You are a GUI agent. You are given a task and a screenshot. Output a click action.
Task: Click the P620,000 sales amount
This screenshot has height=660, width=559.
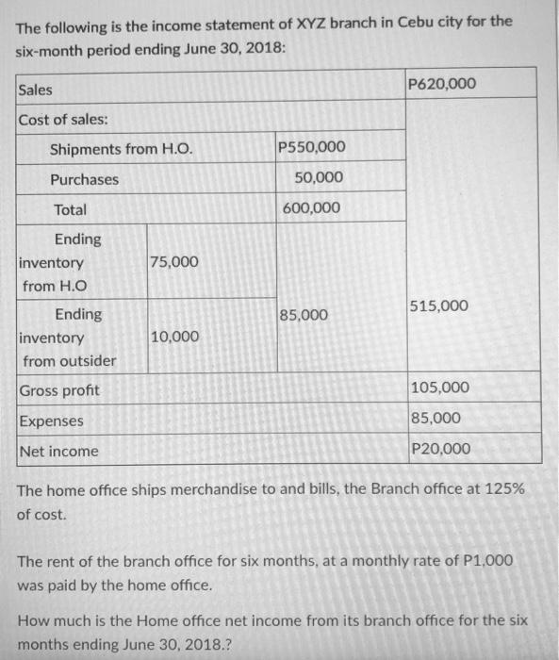(x=442, y=85)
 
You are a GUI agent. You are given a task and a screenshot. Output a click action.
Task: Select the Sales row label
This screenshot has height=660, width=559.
(x=36, y=90)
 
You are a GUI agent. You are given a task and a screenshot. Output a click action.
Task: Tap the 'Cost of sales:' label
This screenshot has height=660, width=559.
(x=63, y=120)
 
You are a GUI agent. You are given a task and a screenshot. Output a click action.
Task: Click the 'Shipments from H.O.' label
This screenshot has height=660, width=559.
(x=114, y=149)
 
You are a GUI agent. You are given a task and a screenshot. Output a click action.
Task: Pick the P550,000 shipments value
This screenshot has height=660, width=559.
(x=313, y=147)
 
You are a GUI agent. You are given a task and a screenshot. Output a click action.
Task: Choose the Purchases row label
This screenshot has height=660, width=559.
(x=84, y=179)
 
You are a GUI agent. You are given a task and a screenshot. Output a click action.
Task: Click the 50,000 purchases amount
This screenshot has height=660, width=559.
(x=319, y=178)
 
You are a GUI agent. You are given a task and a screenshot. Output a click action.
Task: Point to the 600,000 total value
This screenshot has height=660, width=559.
(x=313, y=208)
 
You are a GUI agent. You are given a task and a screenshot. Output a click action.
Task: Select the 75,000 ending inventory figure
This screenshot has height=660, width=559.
(x=174, y=262)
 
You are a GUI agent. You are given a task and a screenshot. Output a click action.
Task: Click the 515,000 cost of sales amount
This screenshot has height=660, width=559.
(x=439, y=306)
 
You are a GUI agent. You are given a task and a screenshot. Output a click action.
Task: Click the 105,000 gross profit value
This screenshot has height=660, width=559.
(x=440, y=388)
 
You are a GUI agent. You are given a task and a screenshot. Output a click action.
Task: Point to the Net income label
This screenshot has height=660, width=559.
(x=59, y=451)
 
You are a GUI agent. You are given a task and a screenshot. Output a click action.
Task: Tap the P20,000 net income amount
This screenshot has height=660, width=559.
(x=440, y=449)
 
